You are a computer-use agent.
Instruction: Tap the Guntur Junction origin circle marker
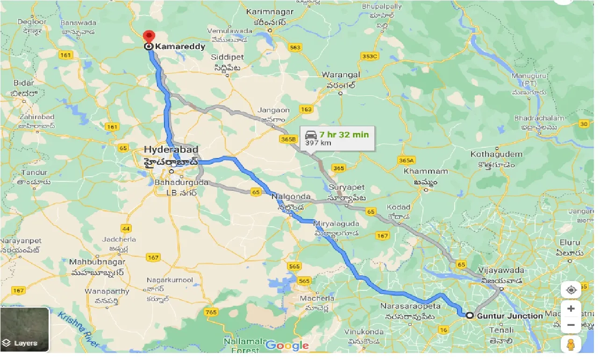(469, 316)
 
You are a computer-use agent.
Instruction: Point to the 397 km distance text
(318, 143)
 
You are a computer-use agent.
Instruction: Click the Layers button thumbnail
(25, 330)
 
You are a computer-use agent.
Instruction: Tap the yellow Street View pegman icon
(571, 345)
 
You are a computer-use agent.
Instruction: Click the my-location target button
(571, 290)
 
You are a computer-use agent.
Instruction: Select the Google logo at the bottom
(287, 346)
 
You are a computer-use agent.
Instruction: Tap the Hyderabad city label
(171, 150)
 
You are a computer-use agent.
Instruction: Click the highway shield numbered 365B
(289, 139)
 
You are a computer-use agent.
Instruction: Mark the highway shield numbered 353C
(369, 56)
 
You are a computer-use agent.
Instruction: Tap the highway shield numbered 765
(211, 312)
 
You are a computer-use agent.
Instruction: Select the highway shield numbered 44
(126, 228)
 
